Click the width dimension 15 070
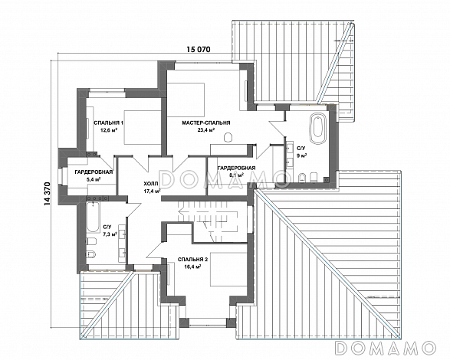pos(199,49)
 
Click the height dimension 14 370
pos(48,194)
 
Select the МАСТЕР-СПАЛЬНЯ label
pos(206,123)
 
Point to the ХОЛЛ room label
pos(151,184)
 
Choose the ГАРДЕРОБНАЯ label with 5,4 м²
pos(94,172)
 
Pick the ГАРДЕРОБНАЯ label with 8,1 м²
pos(236,168)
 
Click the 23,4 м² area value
pos(206,129)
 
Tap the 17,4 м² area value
pos(152,191)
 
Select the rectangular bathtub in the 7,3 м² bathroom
pos(93,217)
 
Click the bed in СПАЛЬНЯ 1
pos(143,127)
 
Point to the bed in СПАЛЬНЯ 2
pos(228,269)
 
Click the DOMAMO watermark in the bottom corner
pos(386,348)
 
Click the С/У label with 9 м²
pos(301,149)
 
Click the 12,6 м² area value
pos(109,130)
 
